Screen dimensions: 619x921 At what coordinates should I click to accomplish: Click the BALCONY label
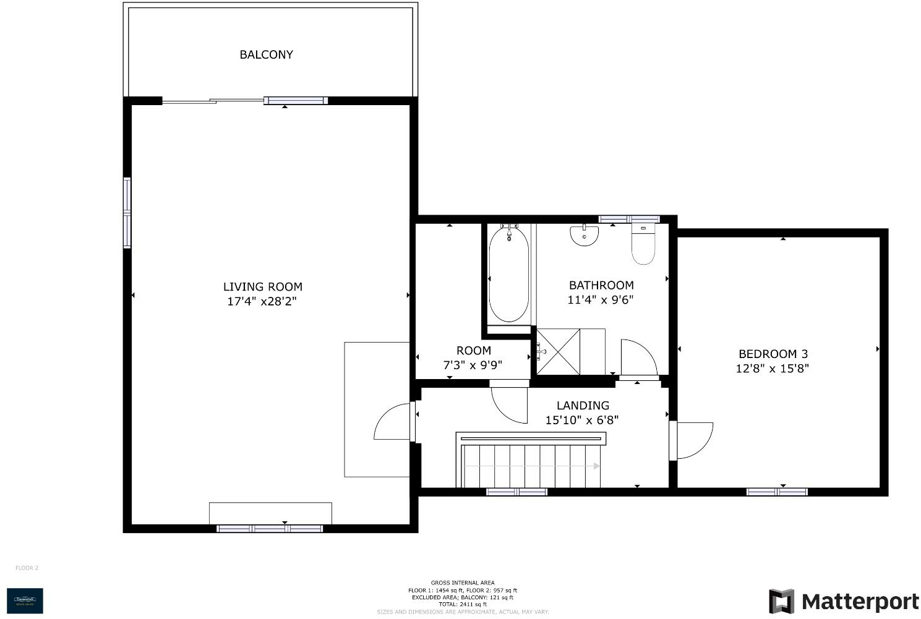coord(266,54)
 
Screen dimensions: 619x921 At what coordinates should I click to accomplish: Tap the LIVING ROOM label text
coord(262,287)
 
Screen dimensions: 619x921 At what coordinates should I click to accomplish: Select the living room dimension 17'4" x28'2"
coord(262,302)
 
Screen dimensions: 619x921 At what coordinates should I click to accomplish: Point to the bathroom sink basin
coord(584,236)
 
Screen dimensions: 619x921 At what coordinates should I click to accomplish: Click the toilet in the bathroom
coord(643,245)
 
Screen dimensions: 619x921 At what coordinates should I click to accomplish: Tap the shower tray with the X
coord(558,352)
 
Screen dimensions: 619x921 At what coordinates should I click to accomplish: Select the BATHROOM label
coord(601,285)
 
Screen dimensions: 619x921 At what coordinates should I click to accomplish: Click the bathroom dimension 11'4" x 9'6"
coord(601,300)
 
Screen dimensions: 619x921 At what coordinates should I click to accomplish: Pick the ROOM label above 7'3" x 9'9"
coord(474,351)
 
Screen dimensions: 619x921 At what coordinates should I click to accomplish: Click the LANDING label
coord(583,406)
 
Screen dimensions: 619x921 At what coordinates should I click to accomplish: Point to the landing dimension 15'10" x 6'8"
coord(582,420)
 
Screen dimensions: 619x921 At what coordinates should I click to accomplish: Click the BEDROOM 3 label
coord(773,354)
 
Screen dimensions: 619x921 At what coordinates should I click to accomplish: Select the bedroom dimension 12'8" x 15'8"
coord(773,369)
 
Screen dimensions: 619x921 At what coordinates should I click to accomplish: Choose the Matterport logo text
coord(860,602)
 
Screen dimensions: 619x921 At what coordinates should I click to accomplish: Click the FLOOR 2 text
coord(27,568)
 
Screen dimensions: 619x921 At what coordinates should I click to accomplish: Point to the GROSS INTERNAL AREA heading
coord(463,583)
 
